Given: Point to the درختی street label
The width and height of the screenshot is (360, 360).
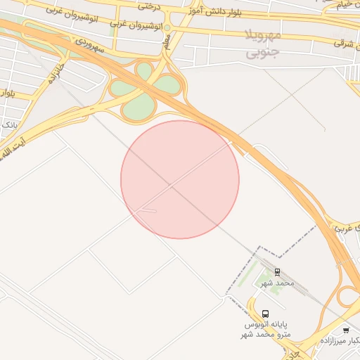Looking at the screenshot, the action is (149, 6).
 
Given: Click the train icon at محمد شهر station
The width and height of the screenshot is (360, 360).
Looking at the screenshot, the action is (277, 271).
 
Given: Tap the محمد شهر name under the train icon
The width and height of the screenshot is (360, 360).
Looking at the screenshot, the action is (277, 283).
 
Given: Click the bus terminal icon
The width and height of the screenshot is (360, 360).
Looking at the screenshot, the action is (265, 314).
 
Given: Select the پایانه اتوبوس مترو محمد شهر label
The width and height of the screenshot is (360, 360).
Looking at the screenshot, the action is (266, 330).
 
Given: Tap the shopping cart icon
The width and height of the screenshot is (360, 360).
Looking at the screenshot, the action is (345, 330).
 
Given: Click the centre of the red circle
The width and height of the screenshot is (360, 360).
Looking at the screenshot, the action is (180, 179).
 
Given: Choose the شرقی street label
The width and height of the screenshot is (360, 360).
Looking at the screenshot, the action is (343, 43).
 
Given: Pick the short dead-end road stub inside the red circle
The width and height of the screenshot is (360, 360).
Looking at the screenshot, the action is (148, 210).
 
